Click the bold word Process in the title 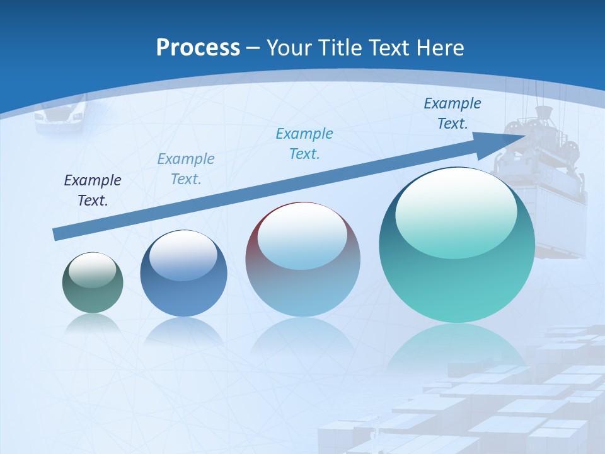pyautogui.click(x=198, y=48)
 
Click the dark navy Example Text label pyautogui.click(x=93, y=190)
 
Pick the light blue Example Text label pyautogui.click(x=186, y=169)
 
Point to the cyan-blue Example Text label pyautogui.click(x=304, y=144)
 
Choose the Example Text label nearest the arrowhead pyautogui.click(x=452, y=113)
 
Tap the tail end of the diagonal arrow pyautogui.click(x=55, y=235)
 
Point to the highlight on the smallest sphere pyautogui.click(x=93, y=270)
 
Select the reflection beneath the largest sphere pyautogui.click(x=457, y=347)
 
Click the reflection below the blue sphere pyautogui.click(x=183, y=330)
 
